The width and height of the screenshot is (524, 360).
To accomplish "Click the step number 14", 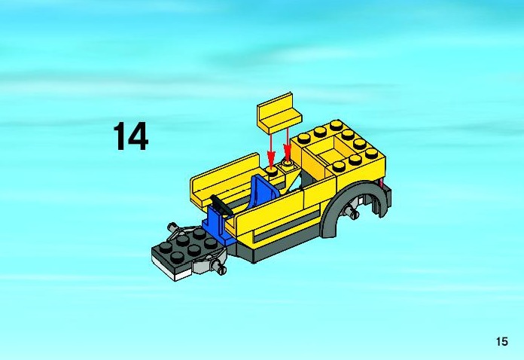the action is pyautogui.click(x=131, y=136).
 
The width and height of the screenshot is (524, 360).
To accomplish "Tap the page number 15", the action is pyautogui.click(x=502, y=342).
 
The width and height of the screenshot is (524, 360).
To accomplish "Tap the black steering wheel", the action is pyautogui.click(x=221, y=204).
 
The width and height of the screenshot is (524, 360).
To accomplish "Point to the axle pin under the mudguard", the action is pyautogui.click(x=352, y=212).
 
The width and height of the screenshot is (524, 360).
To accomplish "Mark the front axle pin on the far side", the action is pyautogui.click(x=174, y=227).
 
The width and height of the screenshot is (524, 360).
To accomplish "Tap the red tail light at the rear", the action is pyautogui.click(x=379, y=183).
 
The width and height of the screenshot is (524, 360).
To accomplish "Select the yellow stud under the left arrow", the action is pyautogui.click(x=271, y=172).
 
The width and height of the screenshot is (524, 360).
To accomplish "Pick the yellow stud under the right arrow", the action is pyautogui.click(x=288, y=163).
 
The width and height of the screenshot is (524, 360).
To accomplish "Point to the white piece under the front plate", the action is pyautogui.click(x=172, y=270).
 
